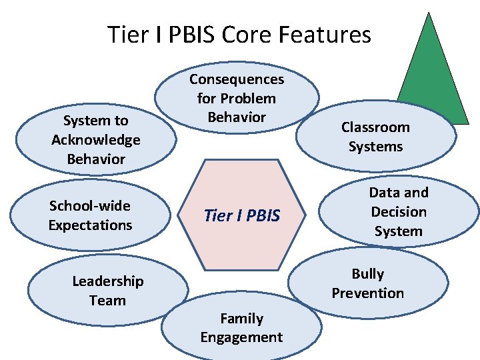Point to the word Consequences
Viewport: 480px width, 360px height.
pyautogui.click(x=237, y=79)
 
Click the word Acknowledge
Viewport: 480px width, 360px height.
pyautogui.click(x=96, y=140)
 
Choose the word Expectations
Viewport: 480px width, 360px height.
pyautogui.click(x=90, y=225)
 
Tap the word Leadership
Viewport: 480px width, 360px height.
pyautogui.click(x=107, y=281)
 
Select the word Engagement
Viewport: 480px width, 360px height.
pyautogui.click(x=241, y=337)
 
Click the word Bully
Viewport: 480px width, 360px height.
pyautogui.click(x=368, y=273)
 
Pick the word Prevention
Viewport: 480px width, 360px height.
pyautogui.click(x=368, y=293)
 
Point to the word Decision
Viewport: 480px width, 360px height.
pyautogui.click(x=399, y=212)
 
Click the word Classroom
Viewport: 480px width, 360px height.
pyautogui.click(x=375, y=127)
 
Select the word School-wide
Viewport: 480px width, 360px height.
pyautogui.click(x=90, y=205)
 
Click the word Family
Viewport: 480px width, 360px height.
pyautogui.click(x=241, y=319)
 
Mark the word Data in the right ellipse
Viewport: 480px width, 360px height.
pyautogui.click(x=382, y=193)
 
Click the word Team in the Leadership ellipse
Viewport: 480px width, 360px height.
pyautogui.click(x=107, y=300)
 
